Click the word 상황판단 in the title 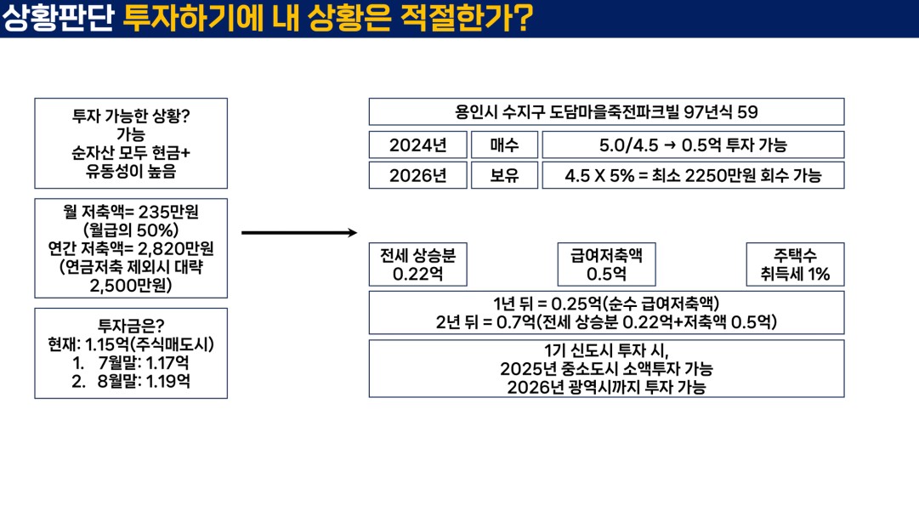point(58,18)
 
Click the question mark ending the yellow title point(524,18)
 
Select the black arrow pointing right point(299,233)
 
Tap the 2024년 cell point(418,145)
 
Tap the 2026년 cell point(418,175)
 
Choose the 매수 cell point(505,145)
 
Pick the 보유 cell point(505,175)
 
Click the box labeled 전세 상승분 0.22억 point(418,264)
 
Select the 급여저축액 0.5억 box point(607,264)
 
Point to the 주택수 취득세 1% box point(796,264)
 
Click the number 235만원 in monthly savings point(168,212)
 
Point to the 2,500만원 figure point(131,286)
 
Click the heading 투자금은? point(131,326)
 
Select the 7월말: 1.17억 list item point(143,363)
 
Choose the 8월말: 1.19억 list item point(143,382)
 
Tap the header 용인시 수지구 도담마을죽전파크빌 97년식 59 point(607,112)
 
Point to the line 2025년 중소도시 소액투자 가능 point(607,369)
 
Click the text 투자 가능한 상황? point(131,116)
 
